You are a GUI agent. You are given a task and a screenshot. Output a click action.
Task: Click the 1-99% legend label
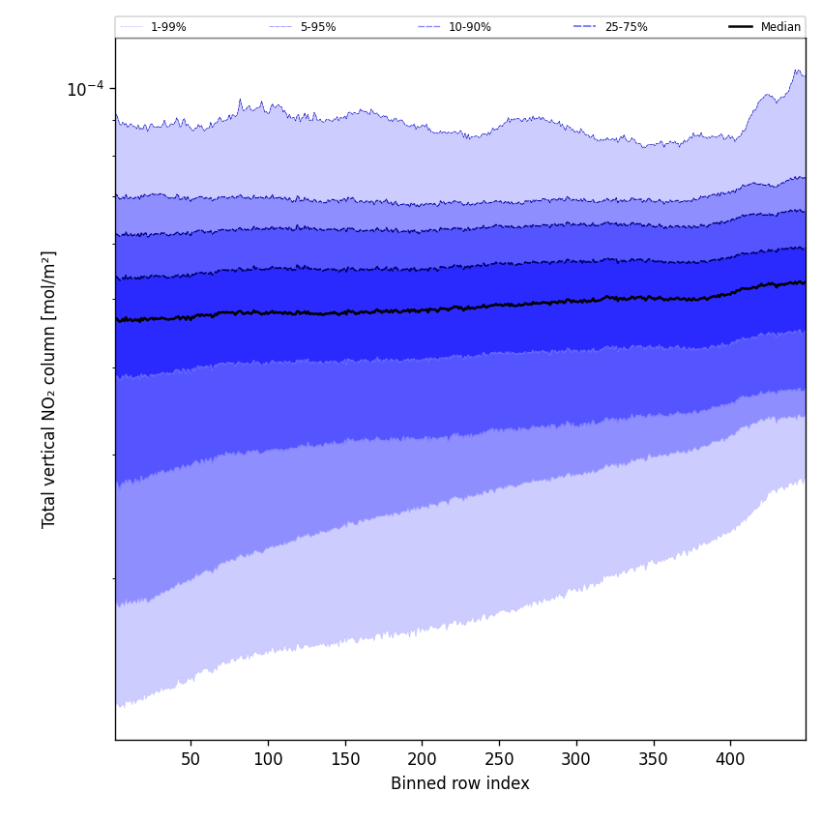point(168,27)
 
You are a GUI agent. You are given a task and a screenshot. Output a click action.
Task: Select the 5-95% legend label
point(318,27)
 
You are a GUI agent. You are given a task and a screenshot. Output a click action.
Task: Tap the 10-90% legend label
point(469,27)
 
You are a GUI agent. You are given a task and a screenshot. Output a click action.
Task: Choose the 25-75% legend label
point(626,27)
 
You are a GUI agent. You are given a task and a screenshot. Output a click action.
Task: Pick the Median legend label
point(780,27)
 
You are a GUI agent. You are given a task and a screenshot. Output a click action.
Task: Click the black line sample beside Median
point(741,27)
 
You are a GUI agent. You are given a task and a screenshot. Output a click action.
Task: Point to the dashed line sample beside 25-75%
point(585,27)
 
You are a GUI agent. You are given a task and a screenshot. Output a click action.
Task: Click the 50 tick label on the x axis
point(191,759)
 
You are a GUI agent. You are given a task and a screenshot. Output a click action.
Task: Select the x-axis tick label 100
point(268,759)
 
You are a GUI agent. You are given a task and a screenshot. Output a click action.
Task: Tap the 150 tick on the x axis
point(345,759)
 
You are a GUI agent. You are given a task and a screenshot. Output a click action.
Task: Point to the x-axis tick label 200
point(422,759)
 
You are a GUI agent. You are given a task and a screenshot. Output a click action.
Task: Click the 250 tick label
point(499,759)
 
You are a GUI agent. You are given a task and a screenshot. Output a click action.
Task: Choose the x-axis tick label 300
point(576,759)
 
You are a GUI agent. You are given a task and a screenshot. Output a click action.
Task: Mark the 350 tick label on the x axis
point(654,759)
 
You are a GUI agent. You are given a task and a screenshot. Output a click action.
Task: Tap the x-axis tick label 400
point(730,759)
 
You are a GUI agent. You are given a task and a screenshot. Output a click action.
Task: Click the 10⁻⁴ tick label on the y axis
point(85,89)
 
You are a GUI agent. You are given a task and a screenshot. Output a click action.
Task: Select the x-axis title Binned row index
point(460,784)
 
